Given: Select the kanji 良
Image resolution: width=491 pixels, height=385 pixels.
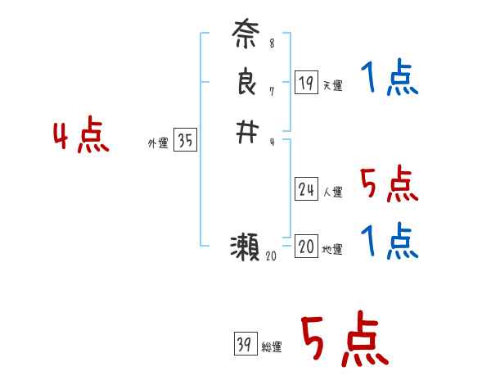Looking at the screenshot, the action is [246, 83].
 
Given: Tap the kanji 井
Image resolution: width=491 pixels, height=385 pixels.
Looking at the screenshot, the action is [246, 132].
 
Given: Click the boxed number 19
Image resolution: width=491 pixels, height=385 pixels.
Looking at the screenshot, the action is [306, 82].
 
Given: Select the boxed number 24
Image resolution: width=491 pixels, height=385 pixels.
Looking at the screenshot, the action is [306, 190].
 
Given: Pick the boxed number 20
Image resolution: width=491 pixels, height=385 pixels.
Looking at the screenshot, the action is [306, 247].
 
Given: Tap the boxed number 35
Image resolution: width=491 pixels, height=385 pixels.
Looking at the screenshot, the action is [185, 141].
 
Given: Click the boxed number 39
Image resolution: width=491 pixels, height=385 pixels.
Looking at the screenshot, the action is [245, 345].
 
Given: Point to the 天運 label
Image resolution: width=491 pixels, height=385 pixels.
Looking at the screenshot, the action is [333, 85].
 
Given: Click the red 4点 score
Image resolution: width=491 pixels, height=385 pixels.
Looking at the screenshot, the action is [81, 137].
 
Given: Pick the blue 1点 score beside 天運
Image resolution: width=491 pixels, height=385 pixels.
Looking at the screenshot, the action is [389, 79].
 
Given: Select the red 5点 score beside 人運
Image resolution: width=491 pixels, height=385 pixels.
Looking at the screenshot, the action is [389, 184].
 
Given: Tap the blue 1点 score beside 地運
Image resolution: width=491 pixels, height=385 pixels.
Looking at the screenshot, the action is [389, 242].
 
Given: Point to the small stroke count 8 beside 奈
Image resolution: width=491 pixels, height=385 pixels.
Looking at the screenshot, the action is [272, 43].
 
